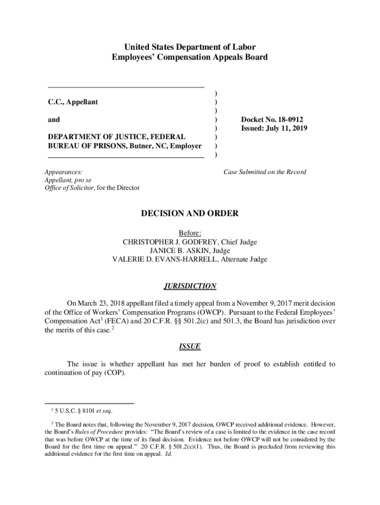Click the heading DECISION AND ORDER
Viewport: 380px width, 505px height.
tap(190, 214)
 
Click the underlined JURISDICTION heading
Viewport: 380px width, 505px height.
tap(190, 286)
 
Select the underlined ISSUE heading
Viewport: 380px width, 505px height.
tap(190, 346)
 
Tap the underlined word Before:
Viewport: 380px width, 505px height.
tap(190, 233)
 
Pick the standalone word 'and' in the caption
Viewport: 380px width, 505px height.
tap(54, 119)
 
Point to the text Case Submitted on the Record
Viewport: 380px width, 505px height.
tap(265, 172)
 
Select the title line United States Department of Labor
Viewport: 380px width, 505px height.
tap(190, 47)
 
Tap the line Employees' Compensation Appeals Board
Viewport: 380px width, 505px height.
tap(190, 57)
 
